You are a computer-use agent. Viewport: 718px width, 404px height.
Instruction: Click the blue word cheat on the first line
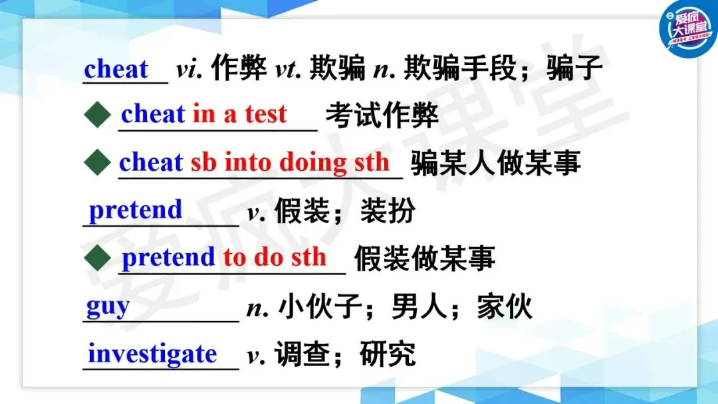[116, 69]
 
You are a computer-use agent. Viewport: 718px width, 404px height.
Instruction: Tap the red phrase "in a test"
[239, 114]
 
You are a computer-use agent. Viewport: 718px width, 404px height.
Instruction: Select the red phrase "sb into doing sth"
[290, 162]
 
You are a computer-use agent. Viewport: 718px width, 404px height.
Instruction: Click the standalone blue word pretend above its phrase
[136, 211]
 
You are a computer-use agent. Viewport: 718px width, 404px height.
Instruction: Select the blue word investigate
[152, 354]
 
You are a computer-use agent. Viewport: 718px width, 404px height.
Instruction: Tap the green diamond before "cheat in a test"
[98, 114]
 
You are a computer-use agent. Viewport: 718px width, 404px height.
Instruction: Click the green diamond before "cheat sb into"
[98, 162]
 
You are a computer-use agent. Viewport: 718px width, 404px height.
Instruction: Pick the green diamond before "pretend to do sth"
[98, 257]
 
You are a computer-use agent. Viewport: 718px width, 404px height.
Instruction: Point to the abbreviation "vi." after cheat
[189, 70]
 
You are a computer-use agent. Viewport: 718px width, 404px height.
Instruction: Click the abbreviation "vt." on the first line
[289, 70]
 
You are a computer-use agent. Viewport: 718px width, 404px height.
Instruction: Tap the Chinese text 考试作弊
[382, 115]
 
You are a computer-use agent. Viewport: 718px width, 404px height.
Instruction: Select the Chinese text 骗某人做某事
[495, 163]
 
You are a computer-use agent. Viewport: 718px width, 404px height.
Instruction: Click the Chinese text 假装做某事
[425, 258]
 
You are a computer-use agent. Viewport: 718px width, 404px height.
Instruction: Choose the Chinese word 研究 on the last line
[388, 353]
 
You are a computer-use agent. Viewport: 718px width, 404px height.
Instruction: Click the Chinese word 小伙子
[320, 306]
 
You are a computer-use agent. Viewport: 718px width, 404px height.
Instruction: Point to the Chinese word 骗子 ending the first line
[574, 68]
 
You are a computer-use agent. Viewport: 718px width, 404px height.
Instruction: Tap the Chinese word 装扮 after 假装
[388, 211]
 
